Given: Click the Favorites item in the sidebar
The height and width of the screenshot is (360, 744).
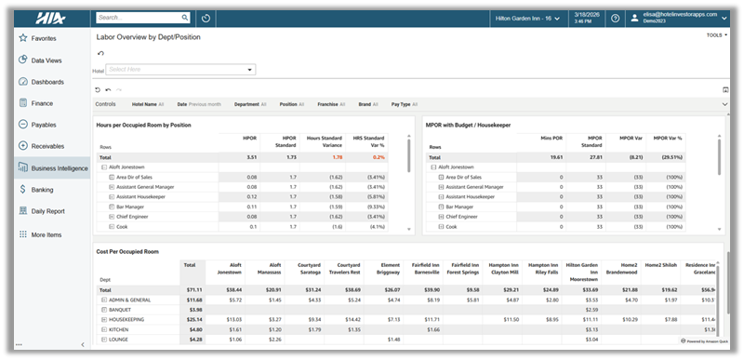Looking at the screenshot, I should [x=43, y=38].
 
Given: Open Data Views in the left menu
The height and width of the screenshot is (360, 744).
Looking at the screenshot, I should [x=46, y=60].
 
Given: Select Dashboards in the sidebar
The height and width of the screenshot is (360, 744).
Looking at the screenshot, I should [x=47, y=82].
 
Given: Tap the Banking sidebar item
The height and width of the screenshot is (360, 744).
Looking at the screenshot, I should [x=44, y=189].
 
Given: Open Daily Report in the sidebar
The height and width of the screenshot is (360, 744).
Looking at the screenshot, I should [x=49, y=211].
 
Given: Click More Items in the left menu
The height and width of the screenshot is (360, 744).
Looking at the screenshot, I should [x=46, y=234].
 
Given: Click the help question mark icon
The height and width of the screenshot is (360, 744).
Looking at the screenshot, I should [x=616, y=18].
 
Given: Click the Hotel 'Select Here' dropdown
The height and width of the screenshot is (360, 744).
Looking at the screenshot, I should [x=181, y=69].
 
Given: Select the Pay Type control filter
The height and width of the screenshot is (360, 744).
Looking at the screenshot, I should [x=404, y=104].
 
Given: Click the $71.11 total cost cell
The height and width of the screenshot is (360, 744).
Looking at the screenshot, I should [x=194, y=289].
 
